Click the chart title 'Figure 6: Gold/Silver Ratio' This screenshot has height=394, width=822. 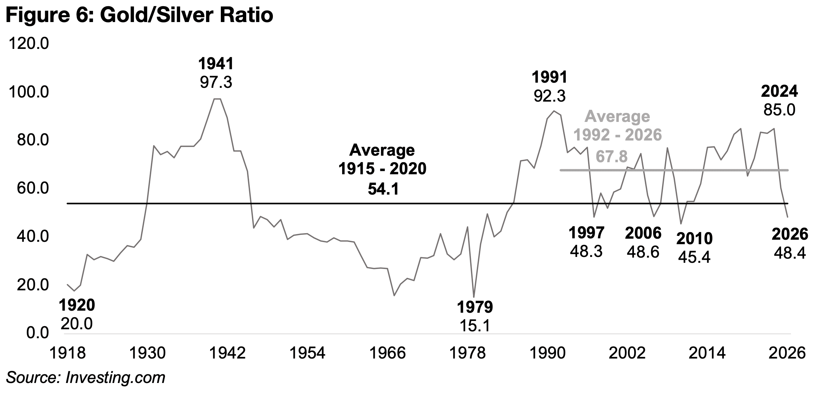pos(139,15)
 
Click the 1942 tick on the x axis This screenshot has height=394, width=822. pos(228,353)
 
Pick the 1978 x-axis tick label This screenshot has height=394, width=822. pos(468,353)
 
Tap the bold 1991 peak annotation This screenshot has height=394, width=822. pos(549,77)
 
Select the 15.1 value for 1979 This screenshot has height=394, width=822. pos(475,325)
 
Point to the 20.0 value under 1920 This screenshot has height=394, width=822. pos(76,324)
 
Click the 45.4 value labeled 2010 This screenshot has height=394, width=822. pos(694,257)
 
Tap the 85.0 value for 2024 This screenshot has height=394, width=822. pos(779,110)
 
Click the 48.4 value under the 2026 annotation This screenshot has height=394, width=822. pos(790,253)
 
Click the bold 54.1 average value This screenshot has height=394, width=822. pos(383,189)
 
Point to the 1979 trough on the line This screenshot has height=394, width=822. pos(474,297)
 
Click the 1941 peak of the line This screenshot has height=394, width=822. pos(217,99)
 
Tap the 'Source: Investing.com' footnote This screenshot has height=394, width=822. pos(85,377)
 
